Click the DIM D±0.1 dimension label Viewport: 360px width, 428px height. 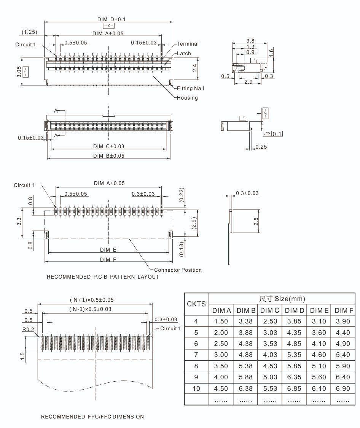108,19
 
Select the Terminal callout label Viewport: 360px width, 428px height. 188,44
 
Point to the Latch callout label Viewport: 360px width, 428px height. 184,54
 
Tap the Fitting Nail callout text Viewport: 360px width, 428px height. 190,89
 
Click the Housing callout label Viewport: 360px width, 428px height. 187,98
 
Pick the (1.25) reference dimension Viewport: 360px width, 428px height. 29,32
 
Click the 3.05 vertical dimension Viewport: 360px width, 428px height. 19,71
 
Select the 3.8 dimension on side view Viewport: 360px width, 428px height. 250,41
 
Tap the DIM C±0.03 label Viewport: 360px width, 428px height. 108,146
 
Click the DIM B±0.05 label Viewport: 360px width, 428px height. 108,156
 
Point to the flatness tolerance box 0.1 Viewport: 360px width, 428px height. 277,134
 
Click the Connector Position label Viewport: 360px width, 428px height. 178,270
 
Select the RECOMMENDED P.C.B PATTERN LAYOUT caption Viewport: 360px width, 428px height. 103,277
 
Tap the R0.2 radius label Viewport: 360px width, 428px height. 28,329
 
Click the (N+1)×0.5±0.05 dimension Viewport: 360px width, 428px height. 91,300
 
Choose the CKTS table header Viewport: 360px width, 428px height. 196,304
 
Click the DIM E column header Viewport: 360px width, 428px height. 319,311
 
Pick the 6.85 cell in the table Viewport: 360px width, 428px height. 294,388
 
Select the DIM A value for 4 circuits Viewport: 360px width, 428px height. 221,321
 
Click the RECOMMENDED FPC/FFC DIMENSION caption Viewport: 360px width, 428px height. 92,417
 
